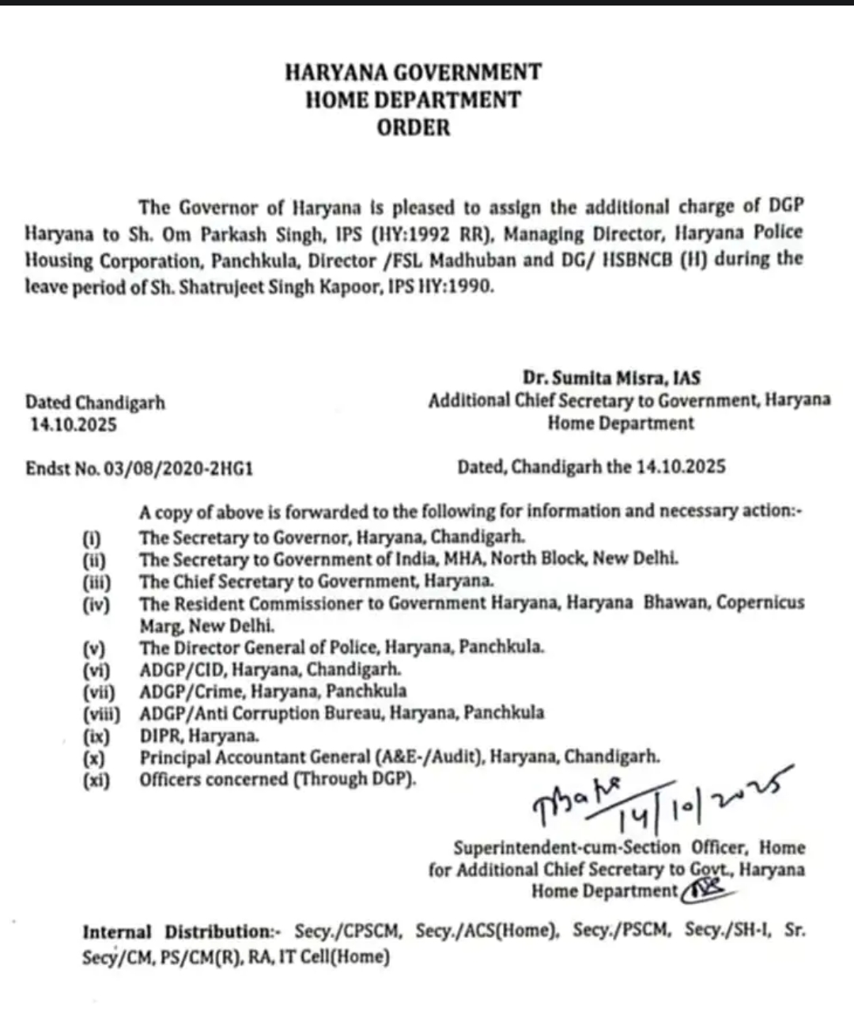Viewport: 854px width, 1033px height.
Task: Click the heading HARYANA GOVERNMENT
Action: (x=413, y=72)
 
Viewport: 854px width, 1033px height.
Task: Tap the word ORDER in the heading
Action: (x=413, y=127)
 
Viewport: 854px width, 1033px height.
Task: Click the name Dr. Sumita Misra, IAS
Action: (x=611, y=378)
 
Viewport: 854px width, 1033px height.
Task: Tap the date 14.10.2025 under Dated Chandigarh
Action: (x=74, y=425)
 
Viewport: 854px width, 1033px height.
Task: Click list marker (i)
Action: (x=92, y=538)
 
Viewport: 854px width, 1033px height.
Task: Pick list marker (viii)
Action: (x=101, y=714)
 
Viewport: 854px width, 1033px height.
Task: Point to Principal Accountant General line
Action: (x=399, y=758)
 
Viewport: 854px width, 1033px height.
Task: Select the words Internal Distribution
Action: (x=178, y=932)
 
